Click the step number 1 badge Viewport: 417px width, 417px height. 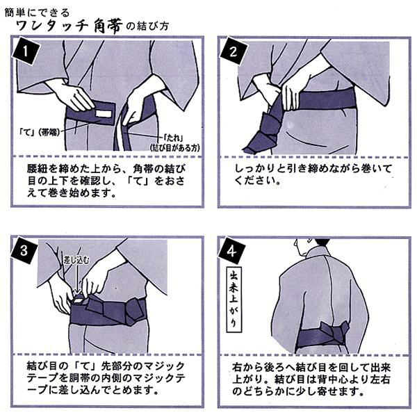26,51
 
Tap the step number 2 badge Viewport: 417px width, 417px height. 234,51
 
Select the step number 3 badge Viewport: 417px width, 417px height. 24,250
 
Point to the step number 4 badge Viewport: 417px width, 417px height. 231,251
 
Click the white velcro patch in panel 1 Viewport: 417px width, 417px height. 104,113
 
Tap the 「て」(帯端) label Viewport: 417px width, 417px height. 40,131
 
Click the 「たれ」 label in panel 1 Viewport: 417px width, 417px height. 173,138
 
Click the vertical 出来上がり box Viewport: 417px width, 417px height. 234,300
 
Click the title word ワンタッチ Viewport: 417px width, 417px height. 52,26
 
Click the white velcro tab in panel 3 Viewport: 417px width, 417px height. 79,300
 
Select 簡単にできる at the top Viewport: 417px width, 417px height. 38,13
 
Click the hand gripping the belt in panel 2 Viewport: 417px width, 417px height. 293,96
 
